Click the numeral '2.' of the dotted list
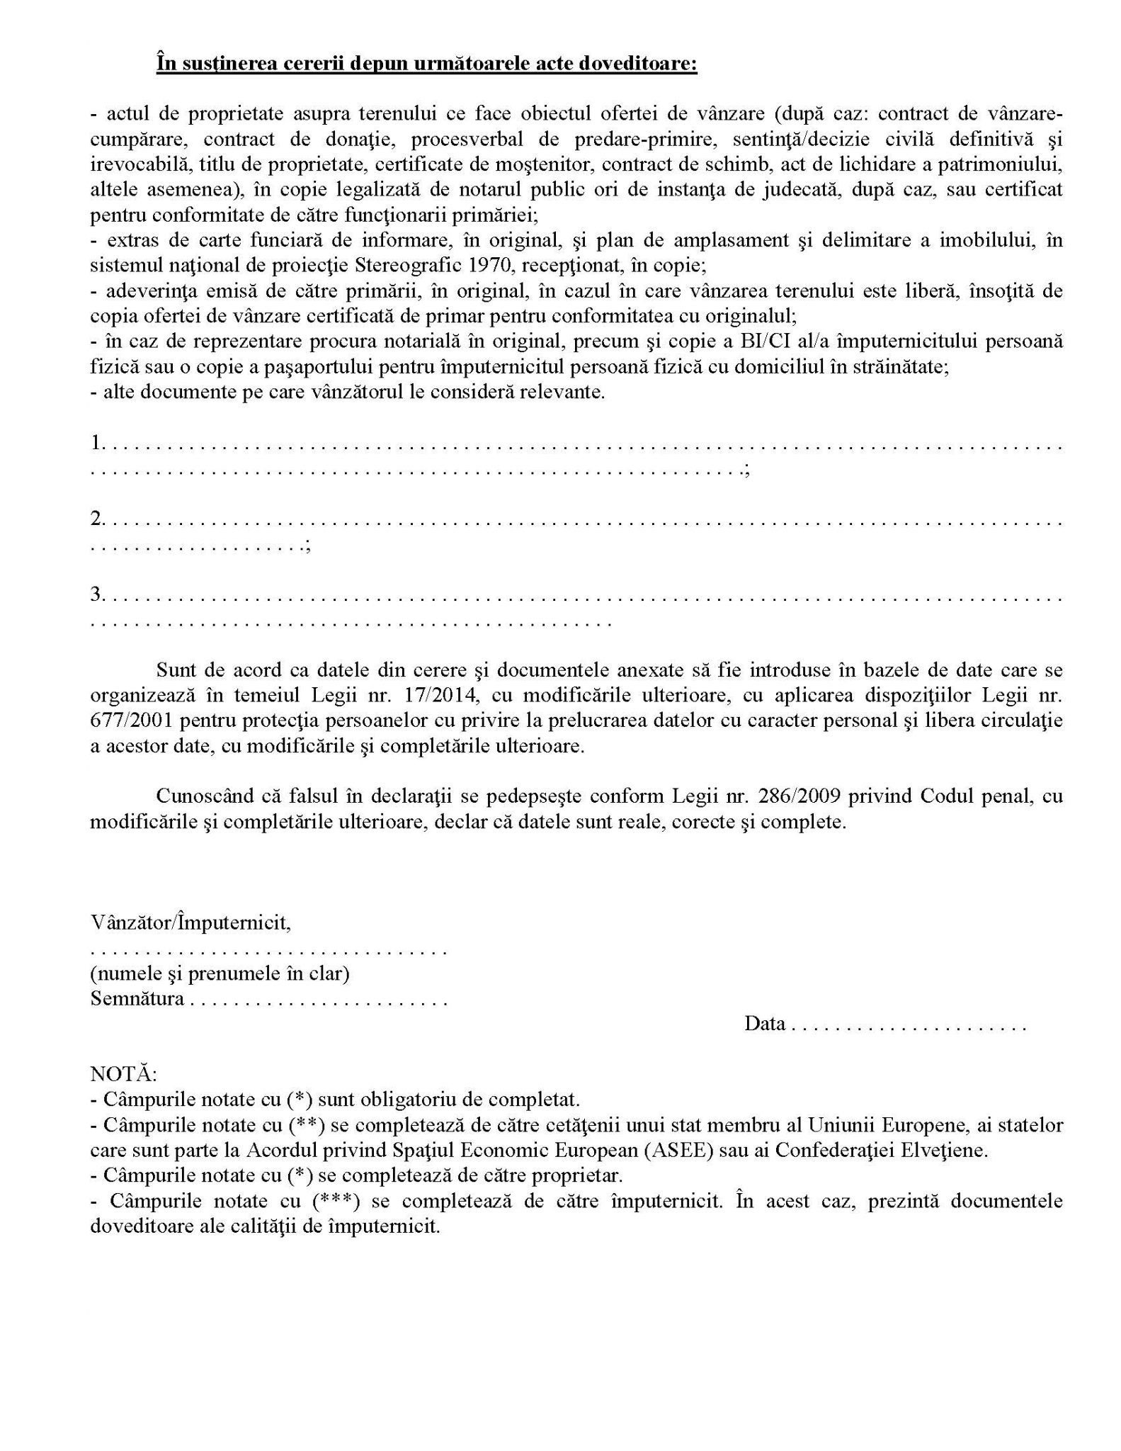click(x=97, y=519)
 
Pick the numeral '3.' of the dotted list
click(x=97, y=594)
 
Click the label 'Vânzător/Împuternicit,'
click(x=190, y=922)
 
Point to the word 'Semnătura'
click(x=137, y=999)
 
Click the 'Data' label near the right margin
click(x=764, y=1024)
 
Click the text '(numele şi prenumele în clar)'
click(x=220, y=973)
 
